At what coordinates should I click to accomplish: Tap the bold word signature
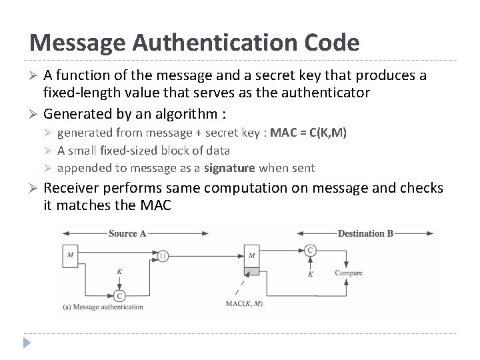[229, 168]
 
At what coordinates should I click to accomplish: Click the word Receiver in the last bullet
[73, 189]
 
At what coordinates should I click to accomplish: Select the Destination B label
[365, 233]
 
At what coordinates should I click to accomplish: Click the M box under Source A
[71, 254]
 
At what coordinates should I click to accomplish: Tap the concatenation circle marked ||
[162, 255]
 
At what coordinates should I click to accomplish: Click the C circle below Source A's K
[119, 295]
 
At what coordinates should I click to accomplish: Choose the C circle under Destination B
[311, 250]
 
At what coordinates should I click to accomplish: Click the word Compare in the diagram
[349, 273]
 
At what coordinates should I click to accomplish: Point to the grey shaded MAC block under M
[251, 271]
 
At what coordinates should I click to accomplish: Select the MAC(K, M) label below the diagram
[244, 304]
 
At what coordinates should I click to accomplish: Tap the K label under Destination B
[311, 274]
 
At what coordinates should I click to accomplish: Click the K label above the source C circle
[119, 271]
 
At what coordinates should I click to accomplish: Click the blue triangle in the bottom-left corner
[26, 344]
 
